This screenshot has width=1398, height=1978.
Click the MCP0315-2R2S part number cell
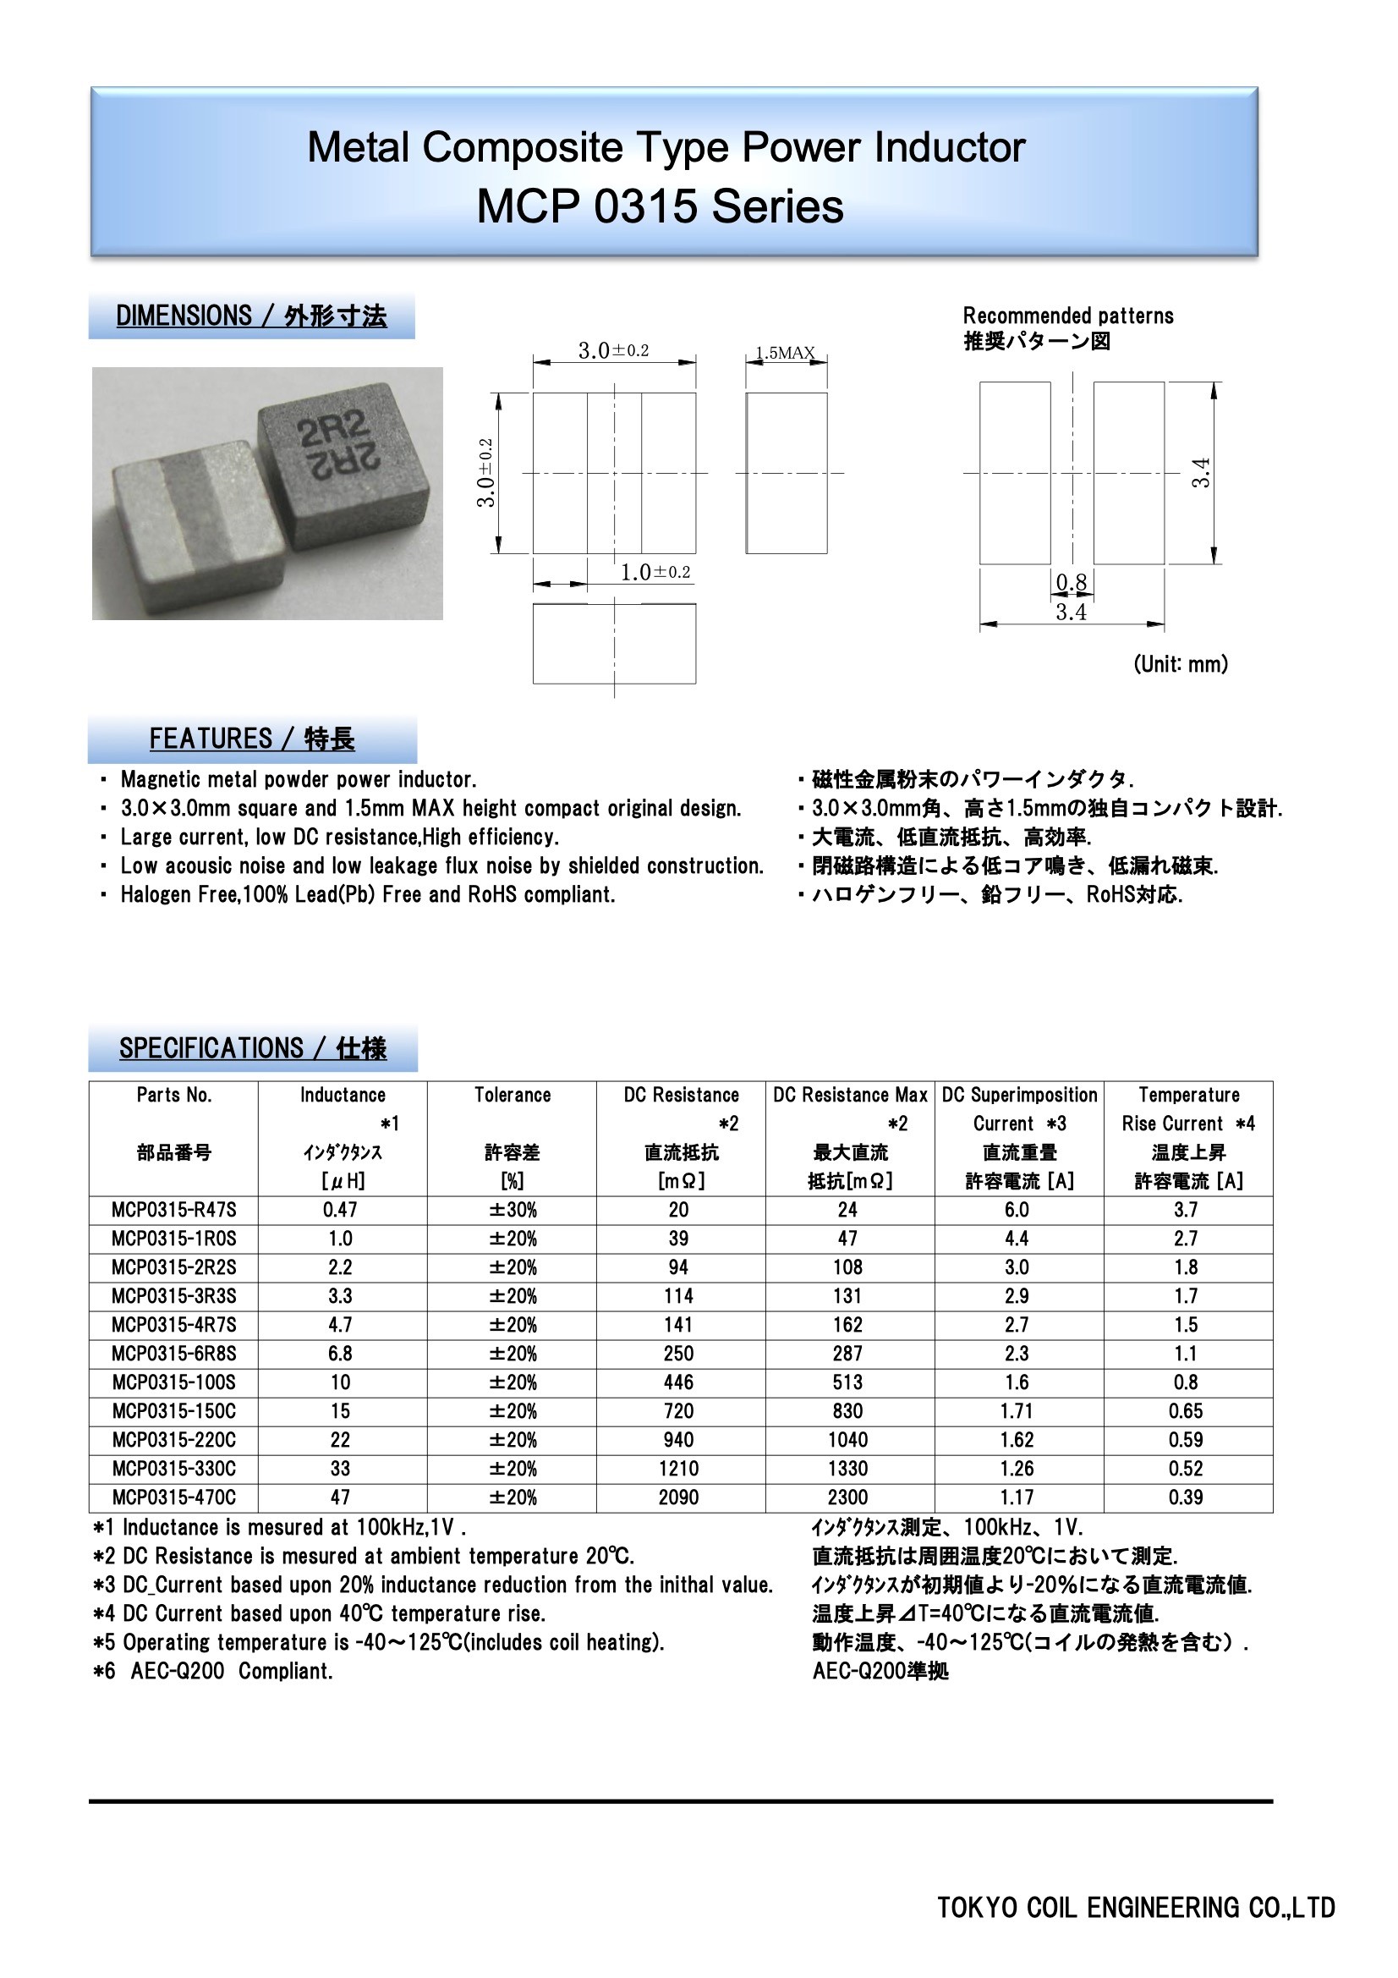[x=173, y=1267]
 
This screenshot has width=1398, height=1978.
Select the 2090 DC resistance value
[x=679, y=1497]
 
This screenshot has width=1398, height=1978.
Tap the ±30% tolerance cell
[x=513, y=1210]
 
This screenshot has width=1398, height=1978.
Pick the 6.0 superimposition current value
[x=1017, y=1210]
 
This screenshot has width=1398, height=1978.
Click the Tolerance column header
[x=513, y=1095]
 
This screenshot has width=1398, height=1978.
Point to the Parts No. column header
[x=173, y=1095]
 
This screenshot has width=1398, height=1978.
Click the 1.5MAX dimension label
[x=785, y=352]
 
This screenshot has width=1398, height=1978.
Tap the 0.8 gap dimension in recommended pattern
[x=1071, y=583]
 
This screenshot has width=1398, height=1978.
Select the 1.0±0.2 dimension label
[x=655, y=572]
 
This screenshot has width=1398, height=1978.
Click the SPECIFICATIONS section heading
[x=252, y=1048]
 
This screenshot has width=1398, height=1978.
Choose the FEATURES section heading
[x=251, y=739]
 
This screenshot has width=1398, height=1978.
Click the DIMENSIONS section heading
[x=250, y=316]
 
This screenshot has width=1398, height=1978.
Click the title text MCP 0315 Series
[x=660, y=206]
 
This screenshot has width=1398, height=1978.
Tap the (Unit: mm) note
[x=1180, y=663]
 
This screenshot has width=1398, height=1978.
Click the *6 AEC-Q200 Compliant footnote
[x=213, y=1671]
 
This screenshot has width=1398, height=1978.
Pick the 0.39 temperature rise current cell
[x=1185, y=1497]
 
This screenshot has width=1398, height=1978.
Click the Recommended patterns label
[x=1068, y=316]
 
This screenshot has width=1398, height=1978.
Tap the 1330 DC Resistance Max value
[x=847, y=1469]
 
